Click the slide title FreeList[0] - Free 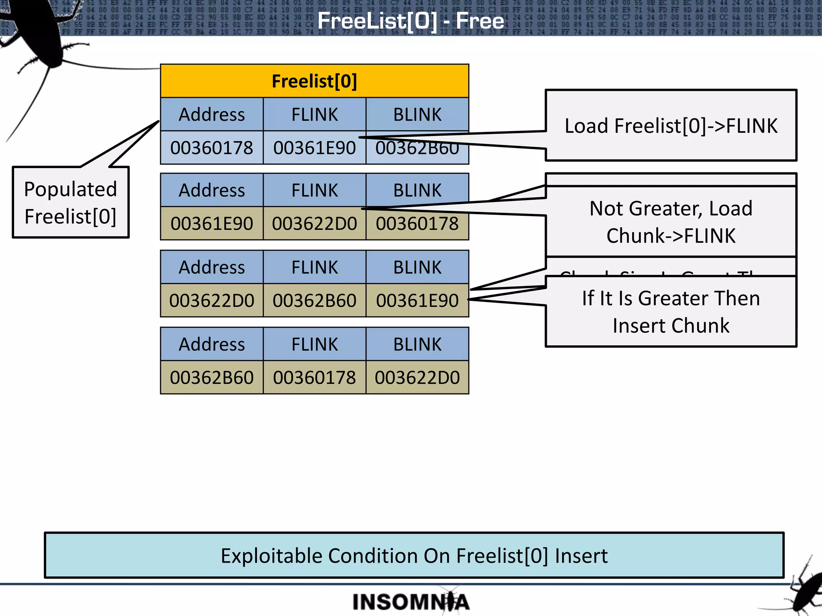point(410,21)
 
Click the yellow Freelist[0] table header point(314,81)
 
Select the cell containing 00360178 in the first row point(212,148)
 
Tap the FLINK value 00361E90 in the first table point(314,148)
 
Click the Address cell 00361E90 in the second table point(212,223)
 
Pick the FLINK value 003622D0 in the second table point(314,223)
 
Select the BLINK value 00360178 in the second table point(417,223)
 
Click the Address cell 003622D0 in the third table point(212,300)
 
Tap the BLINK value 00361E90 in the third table point(417,300)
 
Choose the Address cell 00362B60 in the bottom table point(212,377)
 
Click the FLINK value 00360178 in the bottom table point(314,377)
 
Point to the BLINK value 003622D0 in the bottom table point(417,377)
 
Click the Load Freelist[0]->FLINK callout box point(671,126)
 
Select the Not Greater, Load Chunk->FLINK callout point(671,222)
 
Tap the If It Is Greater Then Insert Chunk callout point(671,312)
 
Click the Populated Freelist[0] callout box point(71,203)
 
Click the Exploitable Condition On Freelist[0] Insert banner point(414,555)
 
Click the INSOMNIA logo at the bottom point(410,602)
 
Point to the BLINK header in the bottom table point(417,344)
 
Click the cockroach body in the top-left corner point(40,36)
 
